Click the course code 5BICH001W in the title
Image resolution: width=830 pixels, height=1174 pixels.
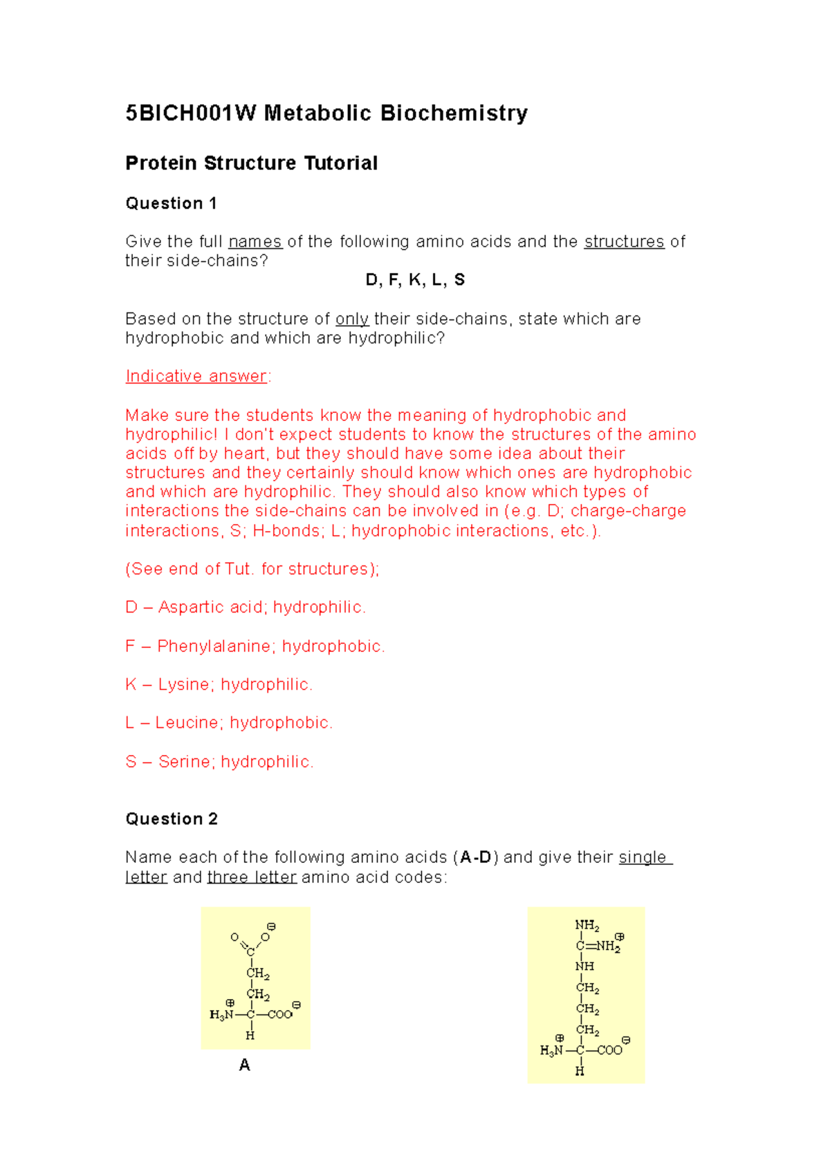pyautogui.click(x=190, y=113)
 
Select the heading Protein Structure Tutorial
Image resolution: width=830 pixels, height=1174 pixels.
pyautogui.click(x=251, y=163)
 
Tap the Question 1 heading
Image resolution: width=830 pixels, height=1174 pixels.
pyautogui.click(x=171, y=203)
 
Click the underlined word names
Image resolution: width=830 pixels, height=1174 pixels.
pyautogui.click(x=255, y=241)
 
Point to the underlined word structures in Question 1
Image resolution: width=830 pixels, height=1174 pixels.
pyautogui.click(x=624, y=241)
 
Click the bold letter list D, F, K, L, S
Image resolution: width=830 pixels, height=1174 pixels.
pyautogui.click(x=415, y=279)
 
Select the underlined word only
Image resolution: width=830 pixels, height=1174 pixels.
pyautogui.click(x=351, y=319)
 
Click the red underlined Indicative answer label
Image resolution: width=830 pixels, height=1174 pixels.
pyautogui.click(x=196, y=376)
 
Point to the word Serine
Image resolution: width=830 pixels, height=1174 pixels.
pyautogui.click(x=184, y=761)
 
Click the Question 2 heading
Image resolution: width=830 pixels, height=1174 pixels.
pyautogui.click(x=171, y=819)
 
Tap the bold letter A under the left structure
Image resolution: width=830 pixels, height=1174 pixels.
pyautogui.click(x=244, y=1065)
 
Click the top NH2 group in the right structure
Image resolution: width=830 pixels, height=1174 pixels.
pyautogui.click(x=587, y=925)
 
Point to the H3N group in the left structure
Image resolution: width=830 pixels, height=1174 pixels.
pyautogui.click(x=221, y=1015)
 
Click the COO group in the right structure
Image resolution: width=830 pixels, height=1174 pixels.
pyautogui.click(x=609, y=1050)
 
